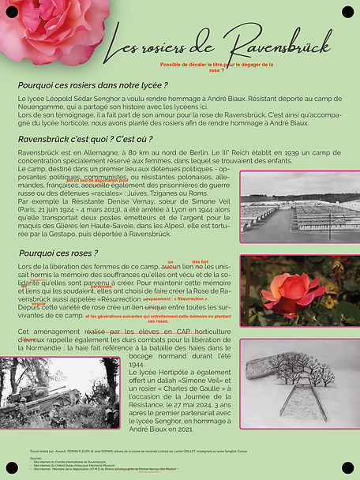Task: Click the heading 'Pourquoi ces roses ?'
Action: click(x=58, y=253)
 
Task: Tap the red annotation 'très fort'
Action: click(x=200, y=261)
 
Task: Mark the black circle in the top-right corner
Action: click(x=347, y=11)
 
